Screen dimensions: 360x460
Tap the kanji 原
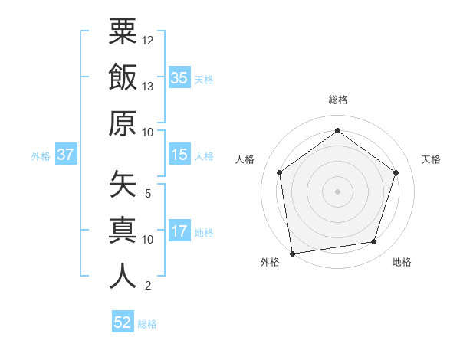123,123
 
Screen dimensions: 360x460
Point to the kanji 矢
123,183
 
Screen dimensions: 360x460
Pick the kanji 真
123,230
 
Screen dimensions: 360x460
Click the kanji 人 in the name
123,276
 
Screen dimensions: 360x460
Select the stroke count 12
148,40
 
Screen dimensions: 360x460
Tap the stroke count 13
148,87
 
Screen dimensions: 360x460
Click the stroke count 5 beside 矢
148,193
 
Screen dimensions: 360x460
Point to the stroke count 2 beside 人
148,286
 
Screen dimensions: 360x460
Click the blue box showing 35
179,77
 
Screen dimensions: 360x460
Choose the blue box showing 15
179,155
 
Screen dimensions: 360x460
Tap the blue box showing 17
179,231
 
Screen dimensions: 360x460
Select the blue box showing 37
65,155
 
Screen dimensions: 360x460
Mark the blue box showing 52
123,322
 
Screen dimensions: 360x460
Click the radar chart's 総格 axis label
338,100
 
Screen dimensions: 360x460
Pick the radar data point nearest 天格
396,172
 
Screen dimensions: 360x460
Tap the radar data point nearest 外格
292,253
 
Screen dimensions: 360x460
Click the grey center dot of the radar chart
337,191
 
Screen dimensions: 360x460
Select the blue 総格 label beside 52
147,324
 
